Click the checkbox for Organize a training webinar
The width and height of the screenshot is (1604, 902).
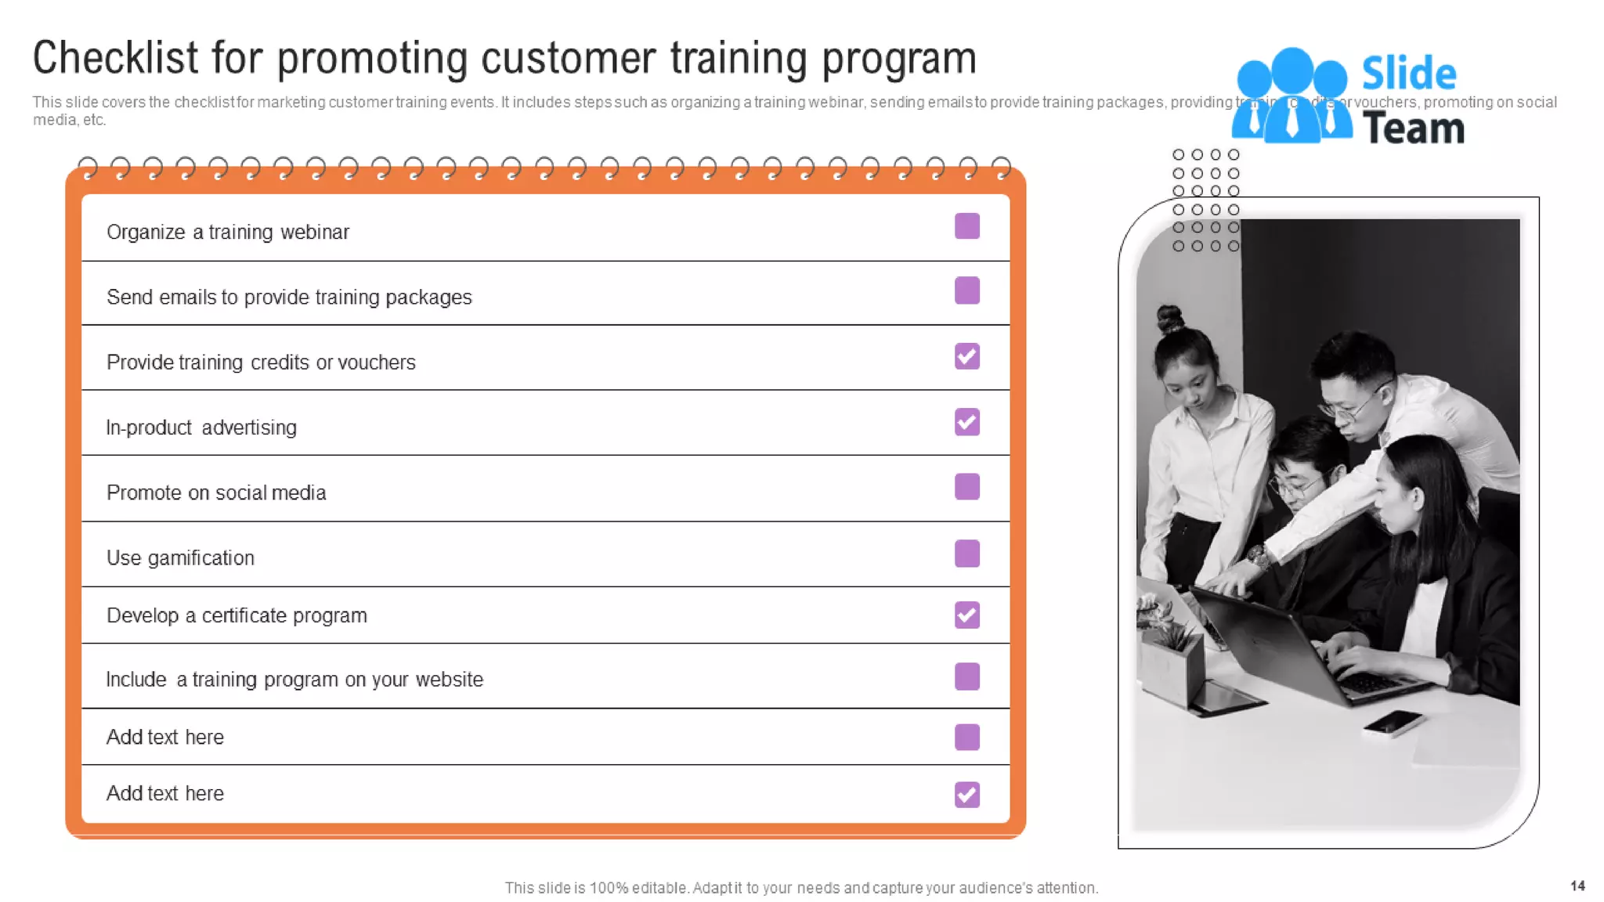point(967,226)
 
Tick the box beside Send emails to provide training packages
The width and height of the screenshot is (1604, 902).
point(967,290)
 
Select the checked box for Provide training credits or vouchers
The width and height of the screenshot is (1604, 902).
point(967,356)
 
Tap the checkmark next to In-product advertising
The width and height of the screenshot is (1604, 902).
point(967,422)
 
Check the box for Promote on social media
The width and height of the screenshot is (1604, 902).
point(967,487)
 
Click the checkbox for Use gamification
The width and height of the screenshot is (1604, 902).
point(967,554)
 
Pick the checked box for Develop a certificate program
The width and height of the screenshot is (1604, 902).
point(967,615)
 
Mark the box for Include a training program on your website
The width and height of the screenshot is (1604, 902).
point(967,676)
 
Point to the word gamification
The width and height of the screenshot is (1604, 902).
point(201,558)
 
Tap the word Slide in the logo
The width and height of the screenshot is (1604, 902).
point(1408,74)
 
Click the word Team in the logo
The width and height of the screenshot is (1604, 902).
point(1414,128)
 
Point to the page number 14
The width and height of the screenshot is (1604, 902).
point(1577,886)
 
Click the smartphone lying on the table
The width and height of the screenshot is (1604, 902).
point(1393,722)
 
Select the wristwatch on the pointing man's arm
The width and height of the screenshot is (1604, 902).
point(1259,557)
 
